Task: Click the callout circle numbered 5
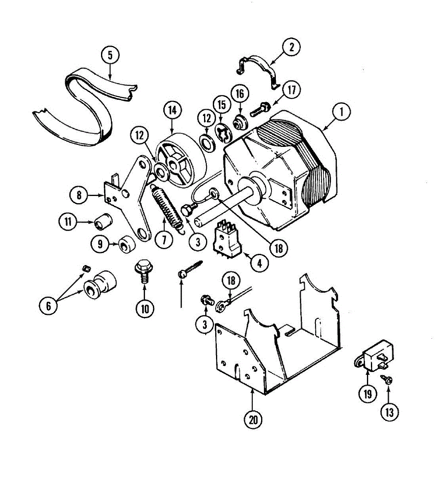(111, 55)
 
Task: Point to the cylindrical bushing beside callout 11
(103, 222)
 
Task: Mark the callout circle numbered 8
(79, 195)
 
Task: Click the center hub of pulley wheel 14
(174, 164)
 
